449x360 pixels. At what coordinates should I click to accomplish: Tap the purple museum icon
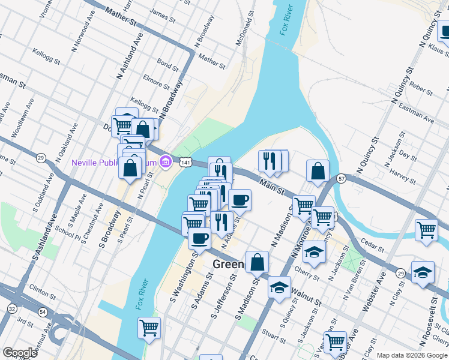click(x=166, y=162)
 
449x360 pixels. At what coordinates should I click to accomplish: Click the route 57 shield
click(x=341, y=178)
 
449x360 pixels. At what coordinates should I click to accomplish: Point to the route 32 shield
click(x=12, y=308)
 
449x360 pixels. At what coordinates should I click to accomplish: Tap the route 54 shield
click(x=42, y=311)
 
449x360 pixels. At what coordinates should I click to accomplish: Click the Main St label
click(x=271, y=185)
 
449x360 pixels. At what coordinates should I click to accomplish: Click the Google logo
click(x=20, y=353)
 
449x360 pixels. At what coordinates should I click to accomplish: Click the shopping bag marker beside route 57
click(x=318, y=172)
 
